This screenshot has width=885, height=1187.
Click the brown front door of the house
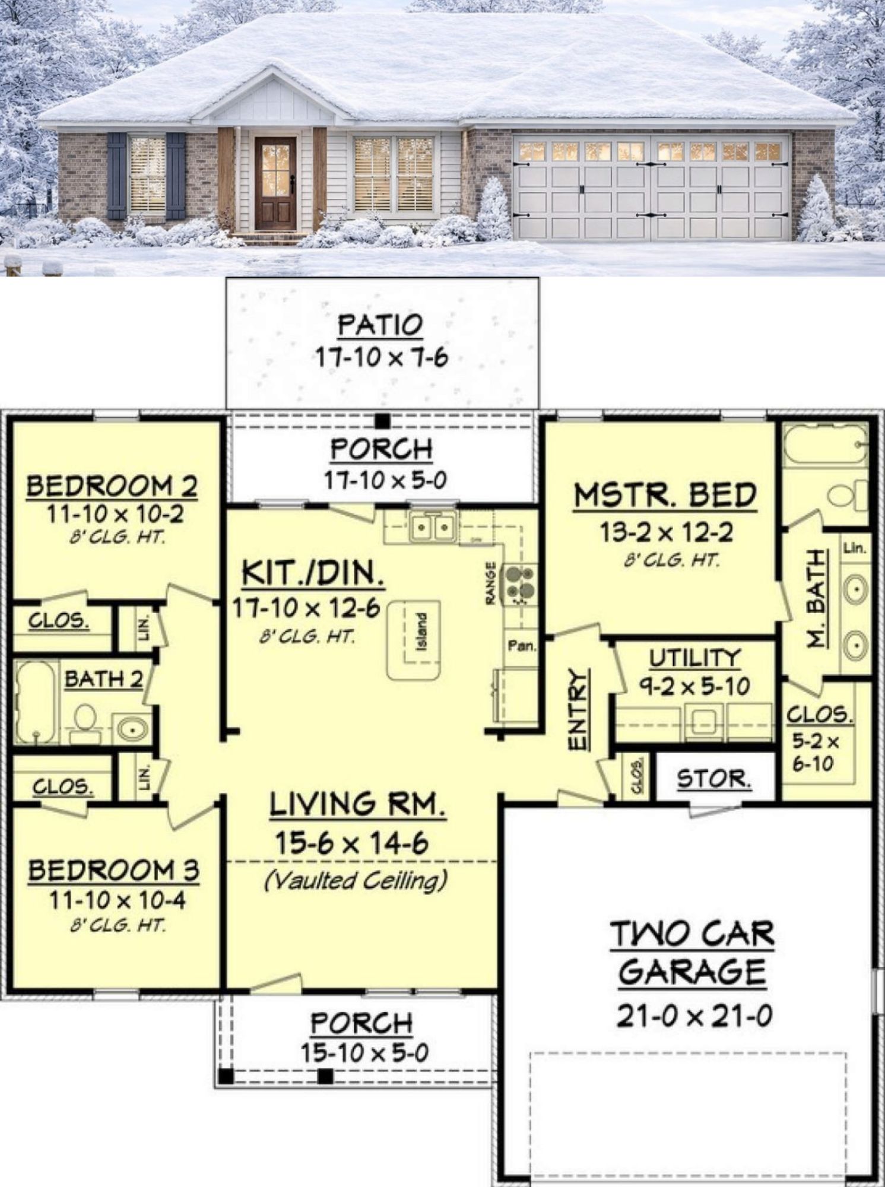(276, 184)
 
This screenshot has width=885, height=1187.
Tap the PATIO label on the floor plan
(380, 325)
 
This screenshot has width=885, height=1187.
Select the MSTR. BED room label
(665, 496)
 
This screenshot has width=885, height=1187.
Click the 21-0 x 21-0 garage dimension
(694, 1017)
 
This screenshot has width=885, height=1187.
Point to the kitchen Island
(415, 639)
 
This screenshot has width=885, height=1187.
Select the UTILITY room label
(694, 658)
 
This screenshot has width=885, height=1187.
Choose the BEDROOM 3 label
(114, 871)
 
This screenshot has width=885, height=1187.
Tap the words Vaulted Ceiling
(356, 880)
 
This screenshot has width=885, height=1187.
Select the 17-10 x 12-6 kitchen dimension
(306, 608)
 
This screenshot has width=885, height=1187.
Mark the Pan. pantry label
(522, 645)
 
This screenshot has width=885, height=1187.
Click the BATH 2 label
(104, 679)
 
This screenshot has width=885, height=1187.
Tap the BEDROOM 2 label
(112, 487)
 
